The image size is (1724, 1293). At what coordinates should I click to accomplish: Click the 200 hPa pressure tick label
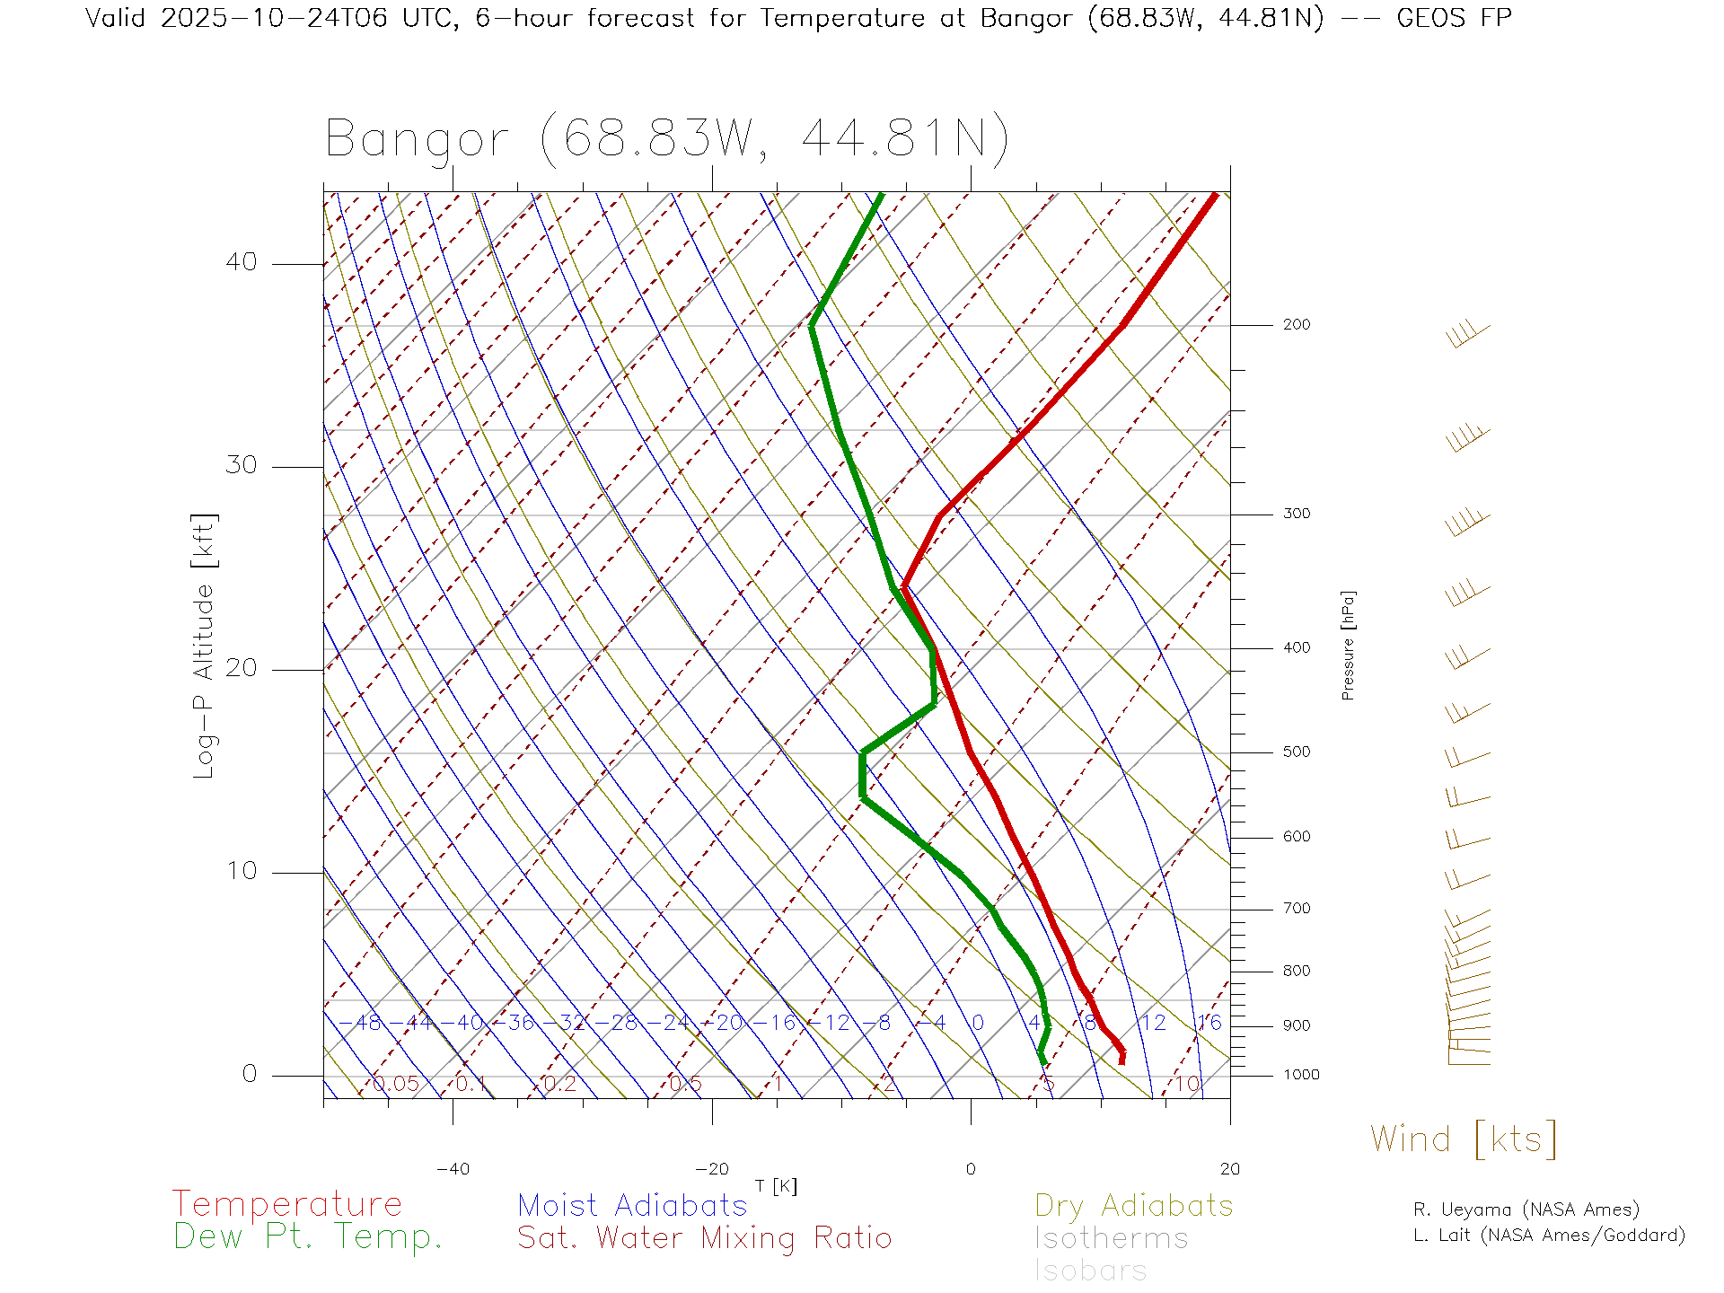point(1296,324)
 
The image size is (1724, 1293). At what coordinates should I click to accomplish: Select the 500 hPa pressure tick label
point(1296,752)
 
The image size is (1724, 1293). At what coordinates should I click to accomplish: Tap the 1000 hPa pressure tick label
point(1300,1075)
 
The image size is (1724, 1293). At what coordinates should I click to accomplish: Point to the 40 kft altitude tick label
point(241,262)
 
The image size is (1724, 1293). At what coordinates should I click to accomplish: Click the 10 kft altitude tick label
point(241,871)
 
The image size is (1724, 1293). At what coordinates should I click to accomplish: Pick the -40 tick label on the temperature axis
point(453,1169)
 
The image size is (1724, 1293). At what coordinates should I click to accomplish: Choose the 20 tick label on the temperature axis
point(1229,1169)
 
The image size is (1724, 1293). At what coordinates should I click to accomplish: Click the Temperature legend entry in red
point(287,1204)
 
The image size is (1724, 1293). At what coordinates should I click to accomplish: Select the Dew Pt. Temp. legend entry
point(308,1237)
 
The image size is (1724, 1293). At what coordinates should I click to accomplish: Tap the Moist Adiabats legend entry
point(632,1206)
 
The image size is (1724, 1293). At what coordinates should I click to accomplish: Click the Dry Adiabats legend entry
point(1133,1206)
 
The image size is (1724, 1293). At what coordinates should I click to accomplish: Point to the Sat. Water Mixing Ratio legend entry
point(704,1238)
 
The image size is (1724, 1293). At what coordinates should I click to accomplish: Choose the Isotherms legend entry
point(1111,1239)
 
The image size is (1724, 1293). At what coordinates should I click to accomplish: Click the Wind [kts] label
point(1464,1139)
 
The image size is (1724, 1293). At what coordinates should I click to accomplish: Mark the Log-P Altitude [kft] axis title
point(205,646)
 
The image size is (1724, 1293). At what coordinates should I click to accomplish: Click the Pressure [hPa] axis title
point(1348,646)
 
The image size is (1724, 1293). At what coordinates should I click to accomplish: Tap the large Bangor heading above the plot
point(667,139)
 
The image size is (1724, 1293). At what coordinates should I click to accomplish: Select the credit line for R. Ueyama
point(1526,1209)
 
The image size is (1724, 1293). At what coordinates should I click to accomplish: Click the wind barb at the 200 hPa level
point(1467,336)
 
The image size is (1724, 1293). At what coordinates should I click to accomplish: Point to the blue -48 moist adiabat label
point(368,1023)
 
